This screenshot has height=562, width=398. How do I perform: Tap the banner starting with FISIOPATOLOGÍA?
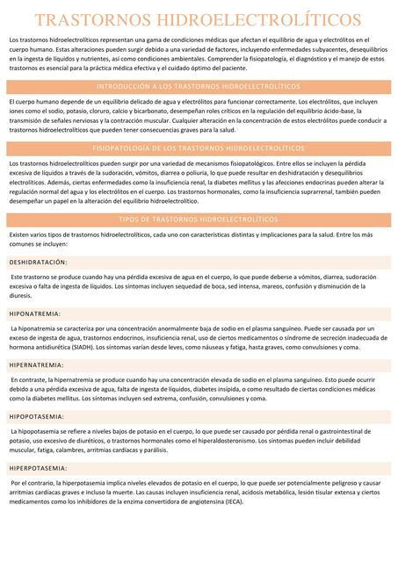(198, 149)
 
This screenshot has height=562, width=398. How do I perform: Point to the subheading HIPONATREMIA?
(34, 313)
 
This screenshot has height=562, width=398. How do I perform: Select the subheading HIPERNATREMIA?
(36, 364)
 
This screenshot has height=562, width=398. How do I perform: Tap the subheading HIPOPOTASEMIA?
(37, 416)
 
